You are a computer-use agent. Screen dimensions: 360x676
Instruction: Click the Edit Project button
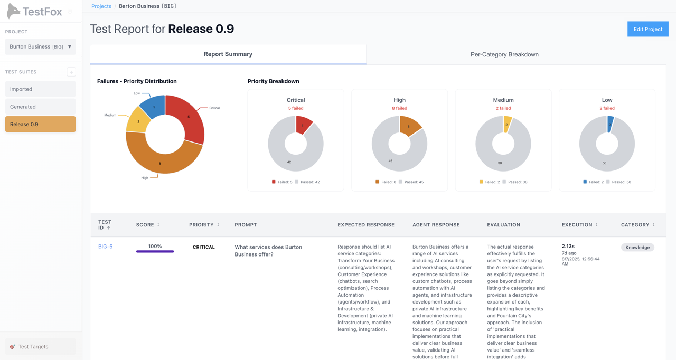[x=647, y=29]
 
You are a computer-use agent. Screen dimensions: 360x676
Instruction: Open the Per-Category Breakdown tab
[x=504, y=54]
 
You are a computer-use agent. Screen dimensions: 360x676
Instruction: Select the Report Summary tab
[x=228, y=54]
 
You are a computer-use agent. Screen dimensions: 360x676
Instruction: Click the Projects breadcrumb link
[x=101, y=6]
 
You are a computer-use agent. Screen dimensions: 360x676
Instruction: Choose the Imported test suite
[x=40, y=89]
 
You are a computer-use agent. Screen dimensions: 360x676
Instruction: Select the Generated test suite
[x=40, y=107]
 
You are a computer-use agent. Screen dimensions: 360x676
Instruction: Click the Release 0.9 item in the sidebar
[x=40, y=124]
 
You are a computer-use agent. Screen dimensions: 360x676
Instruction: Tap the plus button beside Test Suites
[x=71, y=72]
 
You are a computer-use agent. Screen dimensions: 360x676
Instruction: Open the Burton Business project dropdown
[x=40, y=46]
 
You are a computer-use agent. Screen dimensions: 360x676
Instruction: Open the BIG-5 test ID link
[x=105, y=247]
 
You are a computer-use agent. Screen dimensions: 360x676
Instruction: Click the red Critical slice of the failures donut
[x=190, y=119]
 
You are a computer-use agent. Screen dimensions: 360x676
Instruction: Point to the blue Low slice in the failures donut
[x=154, y=106]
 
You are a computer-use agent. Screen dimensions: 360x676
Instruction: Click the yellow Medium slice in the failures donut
[x=138, y=121]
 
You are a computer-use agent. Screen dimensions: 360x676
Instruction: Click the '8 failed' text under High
[x=399, y=108]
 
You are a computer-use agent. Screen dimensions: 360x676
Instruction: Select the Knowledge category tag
[x=637, y=247]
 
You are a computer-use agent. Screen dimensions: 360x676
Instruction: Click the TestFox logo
[x=35, y=11]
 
